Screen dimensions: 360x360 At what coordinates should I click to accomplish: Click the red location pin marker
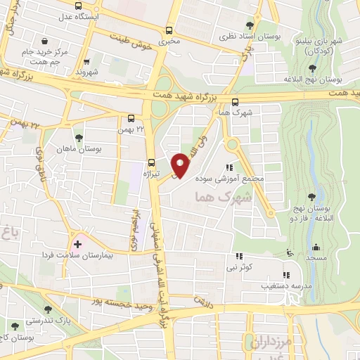pos(181,165)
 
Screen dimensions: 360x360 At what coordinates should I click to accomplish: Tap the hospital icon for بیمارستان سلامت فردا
pos(78,244)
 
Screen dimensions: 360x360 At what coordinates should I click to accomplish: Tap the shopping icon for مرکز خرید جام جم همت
pos(46,41)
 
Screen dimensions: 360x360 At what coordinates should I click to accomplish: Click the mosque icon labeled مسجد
pos(316,248)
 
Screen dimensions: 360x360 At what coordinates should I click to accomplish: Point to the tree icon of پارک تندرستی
pos(48,309)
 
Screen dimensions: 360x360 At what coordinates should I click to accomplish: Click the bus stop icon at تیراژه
pos(153,161)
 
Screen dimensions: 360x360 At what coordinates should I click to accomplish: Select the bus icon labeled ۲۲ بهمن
pos(132,119)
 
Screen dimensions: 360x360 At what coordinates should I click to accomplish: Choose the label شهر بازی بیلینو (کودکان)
pos(320,46)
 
